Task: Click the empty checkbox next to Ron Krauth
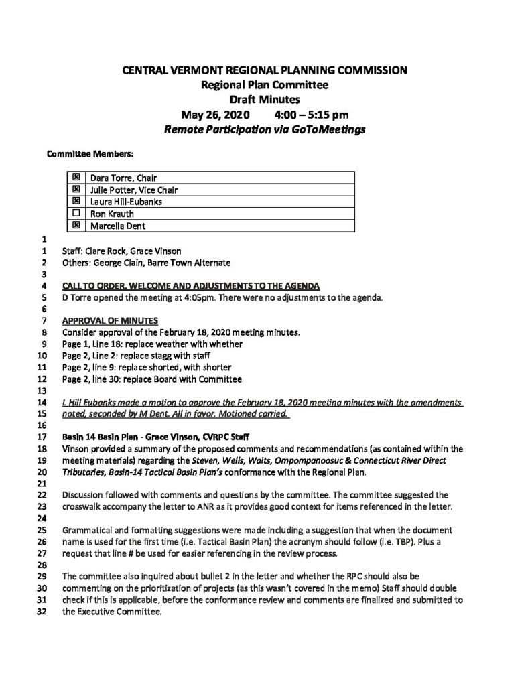point(76,214)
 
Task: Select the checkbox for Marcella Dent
point(76,226)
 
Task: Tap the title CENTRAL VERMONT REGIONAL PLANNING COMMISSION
point(265,70)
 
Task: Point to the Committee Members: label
point(90,154)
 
